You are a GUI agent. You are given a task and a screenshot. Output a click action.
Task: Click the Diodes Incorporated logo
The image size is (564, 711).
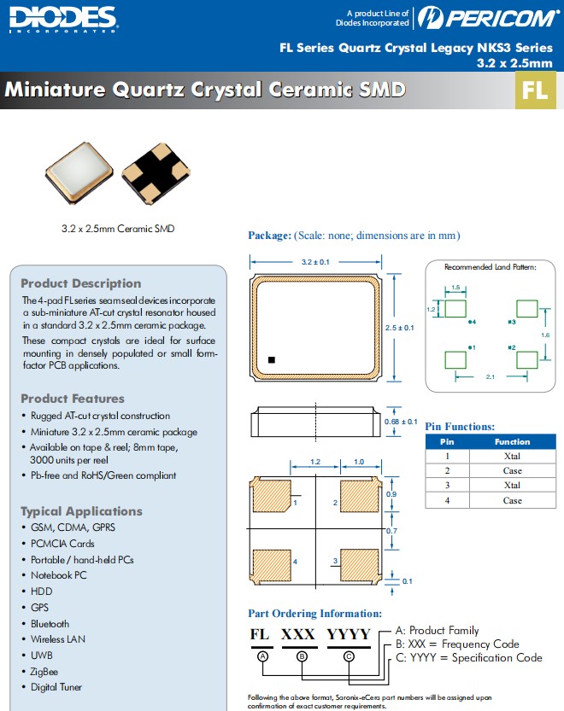click(63, 19)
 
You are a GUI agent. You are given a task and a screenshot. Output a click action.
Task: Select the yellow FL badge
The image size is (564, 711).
click(535, 91)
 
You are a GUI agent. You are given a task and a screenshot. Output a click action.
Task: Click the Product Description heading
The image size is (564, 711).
click(80, 283)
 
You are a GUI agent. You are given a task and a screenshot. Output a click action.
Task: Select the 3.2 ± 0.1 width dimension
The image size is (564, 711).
click(315, 262)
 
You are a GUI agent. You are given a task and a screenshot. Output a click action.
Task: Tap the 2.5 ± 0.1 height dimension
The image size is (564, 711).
click(401, 327)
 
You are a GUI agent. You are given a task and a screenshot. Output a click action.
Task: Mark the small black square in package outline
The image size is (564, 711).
click(272, 360)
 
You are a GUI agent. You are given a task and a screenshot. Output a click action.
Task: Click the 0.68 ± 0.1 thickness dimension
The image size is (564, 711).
click(402, 422)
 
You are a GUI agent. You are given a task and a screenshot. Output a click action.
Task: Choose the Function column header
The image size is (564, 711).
click(512, 442)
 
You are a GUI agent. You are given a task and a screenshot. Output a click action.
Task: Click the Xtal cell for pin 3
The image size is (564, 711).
click(512, 485)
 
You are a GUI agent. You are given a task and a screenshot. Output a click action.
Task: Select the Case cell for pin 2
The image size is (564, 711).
click(512, 470)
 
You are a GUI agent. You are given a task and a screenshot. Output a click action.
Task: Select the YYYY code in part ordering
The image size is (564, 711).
click(349, 635)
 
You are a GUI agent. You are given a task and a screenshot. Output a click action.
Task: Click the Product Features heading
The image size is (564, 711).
click(73, 399)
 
